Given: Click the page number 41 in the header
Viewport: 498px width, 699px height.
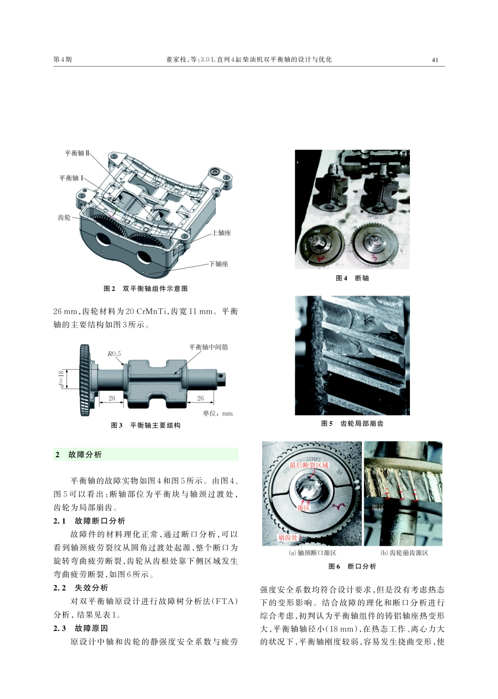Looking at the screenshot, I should click(435, 60).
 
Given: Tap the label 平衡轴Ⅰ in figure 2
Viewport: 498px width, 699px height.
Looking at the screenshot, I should click(71, 178).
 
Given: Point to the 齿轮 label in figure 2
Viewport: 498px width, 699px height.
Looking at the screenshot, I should click(64, 217).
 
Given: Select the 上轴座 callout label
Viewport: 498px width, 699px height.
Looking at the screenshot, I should click(221, 233).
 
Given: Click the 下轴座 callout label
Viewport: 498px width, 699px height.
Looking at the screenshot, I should click(219, 264).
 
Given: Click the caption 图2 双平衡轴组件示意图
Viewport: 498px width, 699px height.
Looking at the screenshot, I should click(146, 288).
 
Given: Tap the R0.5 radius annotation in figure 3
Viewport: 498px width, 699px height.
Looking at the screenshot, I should click(114, 353).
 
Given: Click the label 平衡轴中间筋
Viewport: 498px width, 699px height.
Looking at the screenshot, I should click(208, 347).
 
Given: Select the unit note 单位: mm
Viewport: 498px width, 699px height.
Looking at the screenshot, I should click(218, 413).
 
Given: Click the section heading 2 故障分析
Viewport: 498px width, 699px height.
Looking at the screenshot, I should click(79, 455).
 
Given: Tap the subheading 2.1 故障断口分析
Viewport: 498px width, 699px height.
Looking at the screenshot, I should click(89, 521).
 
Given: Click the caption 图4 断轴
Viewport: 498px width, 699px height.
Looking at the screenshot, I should click(352, 278).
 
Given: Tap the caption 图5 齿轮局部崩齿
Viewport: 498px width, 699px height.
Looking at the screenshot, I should click(352, 423).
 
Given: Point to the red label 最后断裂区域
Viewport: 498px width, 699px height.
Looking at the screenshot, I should click(309, 465).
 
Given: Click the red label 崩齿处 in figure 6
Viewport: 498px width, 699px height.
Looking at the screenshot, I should click(288, 537).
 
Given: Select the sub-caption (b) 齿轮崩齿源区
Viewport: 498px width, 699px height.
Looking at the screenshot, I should click(404, 553).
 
